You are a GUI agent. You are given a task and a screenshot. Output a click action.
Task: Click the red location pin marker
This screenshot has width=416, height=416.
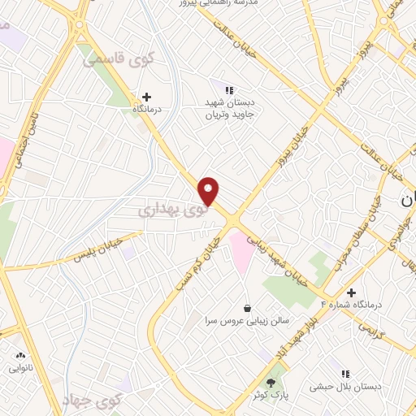[x=210, y=191]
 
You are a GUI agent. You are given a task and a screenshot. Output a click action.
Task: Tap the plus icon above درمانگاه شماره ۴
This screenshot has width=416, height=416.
[x=351, y=292]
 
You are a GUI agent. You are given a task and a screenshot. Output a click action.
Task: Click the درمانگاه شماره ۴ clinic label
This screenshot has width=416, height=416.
[x=350, y=305]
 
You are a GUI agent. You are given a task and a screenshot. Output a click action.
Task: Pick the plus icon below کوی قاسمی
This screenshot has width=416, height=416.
[x=146, y=97]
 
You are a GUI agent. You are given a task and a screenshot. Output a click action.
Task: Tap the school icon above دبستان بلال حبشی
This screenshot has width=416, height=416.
[x=345, y=374]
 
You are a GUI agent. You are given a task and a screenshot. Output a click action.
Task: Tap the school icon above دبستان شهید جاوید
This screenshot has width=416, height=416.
[x=229, y=89]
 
